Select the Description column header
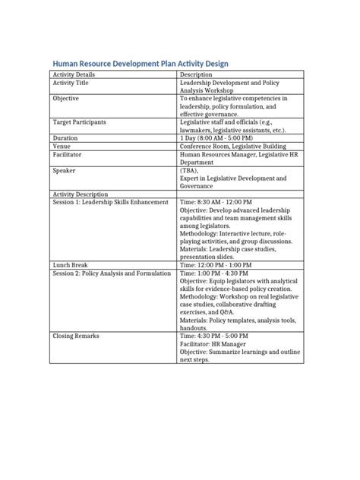click(x=197, y=75)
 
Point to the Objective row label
click(x=67, y=99)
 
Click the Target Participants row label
click(x=79, y=122)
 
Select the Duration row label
click(x=65, y=138)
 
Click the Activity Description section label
click(x=81, y=194)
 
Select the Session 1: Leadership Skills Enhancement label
click(x=106, y=202)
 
